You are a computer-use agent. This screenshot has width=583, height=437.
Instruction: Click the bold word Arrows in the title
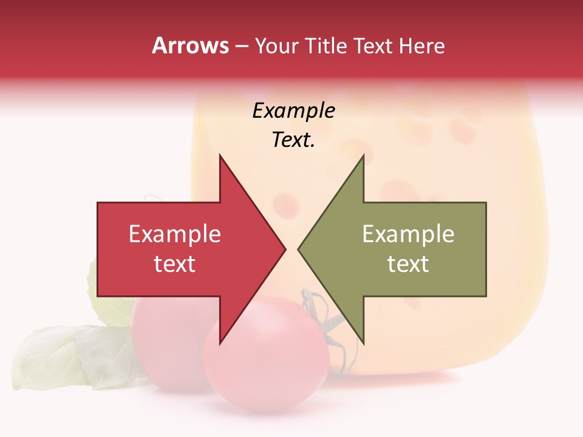tap(191, 46)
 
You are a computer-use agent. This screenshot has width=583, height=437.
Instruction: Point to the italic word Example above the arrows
tap(293, 111)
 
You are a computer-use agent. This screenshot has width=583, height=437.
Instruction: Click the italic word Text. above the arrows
tap(293, 140)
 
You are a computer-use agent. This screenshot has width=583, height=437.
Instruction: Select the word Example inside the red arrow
tap(175, 234)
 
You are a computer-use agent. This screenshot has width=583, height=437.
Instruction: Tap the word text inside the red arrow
tap(175, 264)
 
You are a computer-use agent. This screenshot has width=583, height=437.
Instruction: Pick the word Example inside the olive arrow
tap(408, 234)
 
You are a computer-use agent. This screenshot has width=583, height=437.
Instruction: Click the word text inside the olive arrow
tap(408, 264)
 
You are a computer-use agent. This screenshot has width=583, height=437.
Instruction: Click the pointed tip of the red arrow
tap(285, 249)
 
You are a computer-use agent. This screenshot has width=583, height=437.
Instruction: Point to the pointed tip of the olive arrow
tap(298, 249)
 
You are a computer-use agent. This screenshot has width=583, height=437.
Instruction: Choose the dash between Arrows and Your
tap(242, 47)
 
